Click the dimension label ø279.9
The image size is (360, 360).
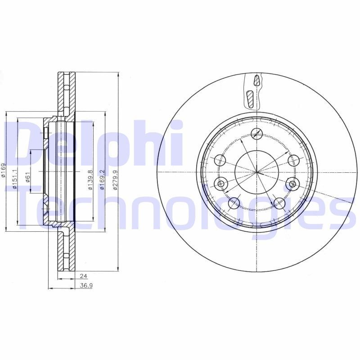point(115,180)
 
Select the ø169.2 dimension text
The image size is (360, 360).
point(103,180)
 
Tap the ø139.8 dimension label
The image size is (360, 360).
point(90,180)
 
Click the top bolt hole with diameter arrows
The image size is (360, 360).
point(256,133)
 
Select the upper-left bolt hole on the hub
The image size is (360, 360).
point(220,160)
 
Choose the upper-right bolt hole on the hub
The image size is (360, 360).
point(293,160)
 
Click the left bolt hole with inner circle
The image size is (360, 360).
point(221,183)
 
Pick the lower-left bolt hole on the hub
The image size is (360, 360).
point(234,203)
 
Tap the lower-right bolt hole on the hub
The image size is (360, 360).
point(279,203)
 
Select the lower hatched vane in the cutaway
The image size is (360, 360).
point(250,99)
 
